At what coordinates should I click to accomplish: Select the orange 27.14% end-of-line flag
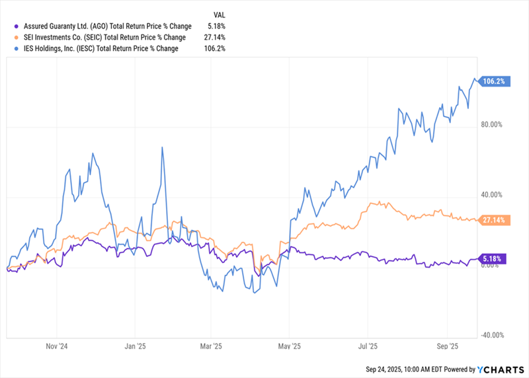(x=493, y=219)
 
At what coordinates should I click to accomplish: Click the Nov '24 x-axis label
(x=57, y=346)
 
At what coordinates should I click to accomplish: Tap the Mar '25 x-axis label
(x=210, y=346)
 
